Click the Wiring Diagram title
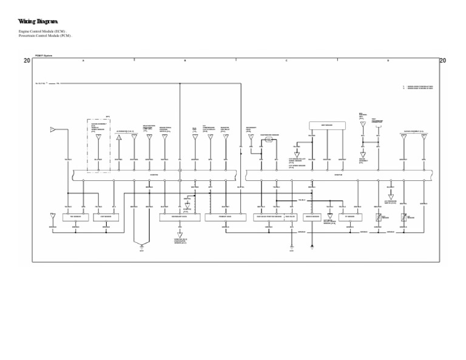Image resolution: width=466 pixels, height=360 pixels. tap(38, 22)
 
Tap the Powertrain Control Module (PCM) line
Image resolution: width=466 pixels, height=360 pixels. tap(46, 36)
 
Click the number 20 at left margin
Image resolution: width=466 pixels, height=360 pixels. tap(27, 61)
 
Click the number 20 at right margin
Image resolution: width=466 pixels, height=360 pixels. tap(442, 61)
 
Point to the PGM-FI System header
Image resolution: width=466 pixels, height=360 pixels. tap(44, 56)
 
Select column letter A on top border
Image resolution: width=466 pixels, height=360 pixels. tap(83, 61)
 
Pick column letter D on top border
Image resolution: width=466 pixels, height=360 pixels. tap(388, 61)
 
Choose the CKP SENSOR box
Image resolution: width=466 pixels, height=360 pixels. tap(106, 217)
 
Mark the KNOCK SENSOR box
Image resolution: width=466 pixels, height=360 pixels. tap(312, 217)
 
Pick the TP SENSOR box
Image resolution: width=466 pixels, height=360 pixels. tap(350, 217)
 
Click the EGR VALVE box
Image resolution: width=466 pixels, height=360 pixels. tap(291, 217)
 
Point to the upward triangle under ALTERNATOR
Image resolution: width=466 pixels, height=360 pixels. tap(119, 138)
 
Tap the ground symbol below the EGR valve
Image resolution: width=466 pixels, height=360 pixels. tap(291, 246)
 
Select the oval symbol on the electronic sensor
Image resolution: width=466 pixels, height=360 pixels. tap(268, 140)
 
